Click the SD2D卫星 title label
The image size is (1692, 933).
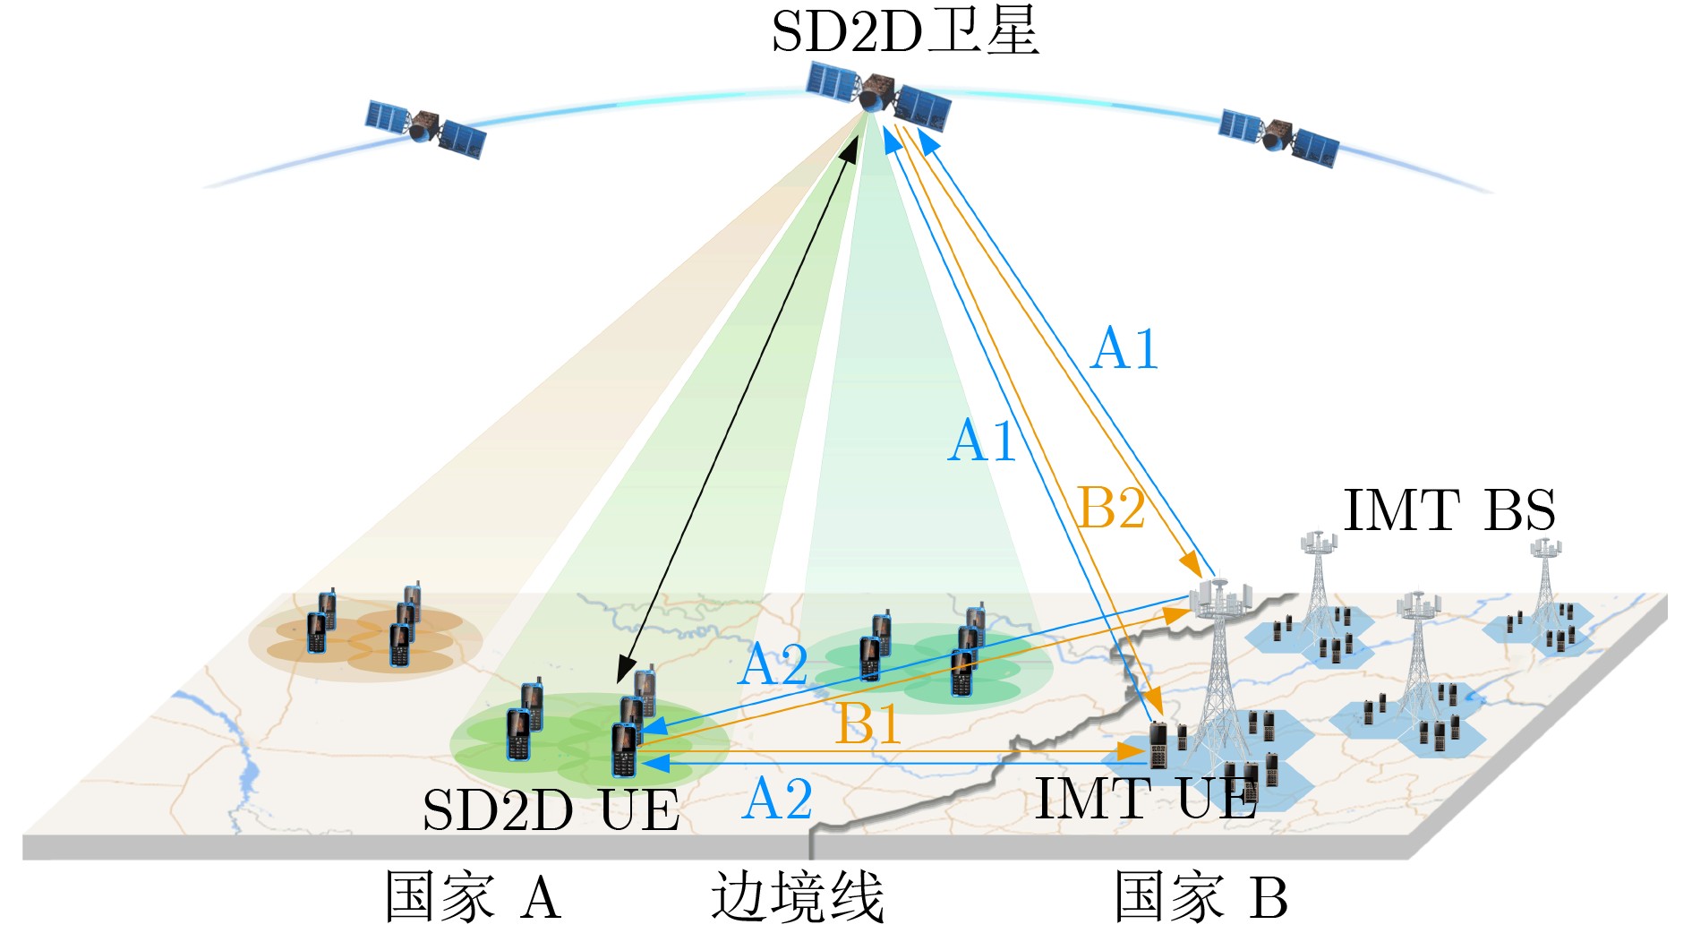pos(904,31)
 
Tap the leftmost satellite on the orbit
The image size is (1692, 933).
pos(425,128)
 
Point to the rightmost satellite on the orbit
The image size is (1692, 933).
pos(1278,137)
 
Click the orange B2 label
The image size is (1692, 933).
pos(1111,509)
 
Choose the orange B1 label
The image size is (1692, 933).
pos(867,723)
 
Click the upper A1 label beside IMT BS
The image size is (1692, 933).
pos(1124,347)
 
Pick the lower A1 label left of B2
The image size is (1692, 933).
pos(982,441)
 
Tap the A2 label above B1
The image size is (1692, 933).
pos(773,664)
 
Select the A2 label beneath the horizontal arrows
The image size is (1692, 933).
pos(777,798)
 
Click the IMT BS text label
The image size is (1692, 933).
pos(1449,510)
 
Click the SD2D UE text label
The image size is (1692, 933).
pos(551,810)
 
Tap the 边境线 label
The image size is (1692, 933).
pos(798,897)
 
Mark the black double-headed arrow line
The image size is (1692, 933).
pos(738,408)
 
